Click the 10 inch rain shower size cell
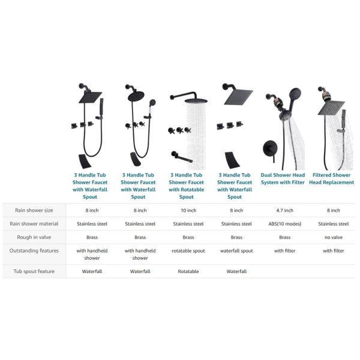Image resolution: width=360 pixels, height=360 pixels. [x=188, y=211]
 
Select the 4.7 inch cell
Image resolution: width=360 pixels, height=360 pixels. [x=284, y=211]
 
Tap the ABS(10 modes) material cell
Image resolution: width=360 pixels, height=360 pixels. [x=284, y=224]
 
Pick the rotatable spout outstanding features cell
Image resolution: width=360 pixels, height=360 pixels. [x=188, y=251]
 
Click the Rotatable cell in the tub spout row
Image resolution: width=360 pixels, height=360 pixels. [x=188, y=272]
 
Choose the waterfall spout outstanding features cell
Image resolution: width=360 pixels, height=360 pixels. [x=236, y=251]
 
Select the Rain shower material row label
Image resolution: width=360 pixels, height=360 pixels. [x=34, y=224]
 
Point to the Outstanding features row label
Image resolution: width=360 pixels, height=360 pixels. [x=34, y=251]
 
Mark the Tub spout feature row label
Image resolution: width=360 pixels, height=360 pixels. [x=35, y=272]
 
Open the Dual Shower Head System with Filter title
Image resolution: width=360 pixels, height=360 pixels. [x=284, y=178]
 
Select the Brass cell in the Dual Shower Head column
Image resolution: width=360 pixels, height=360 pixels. [x=284, y=238]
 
